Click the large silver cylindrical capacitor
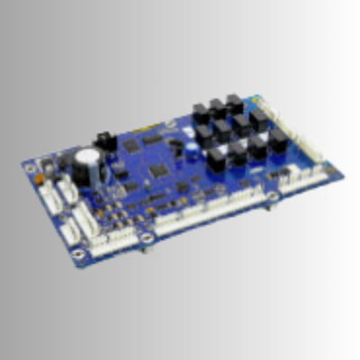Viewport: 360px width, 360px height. point(88,161)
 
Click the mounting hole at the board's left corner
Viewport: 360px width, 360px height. point(31,167)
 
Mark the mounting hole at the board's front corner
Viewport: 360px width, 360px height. point(79,253)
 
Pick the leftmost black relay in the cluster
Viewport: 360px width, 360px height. point(200,114)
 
